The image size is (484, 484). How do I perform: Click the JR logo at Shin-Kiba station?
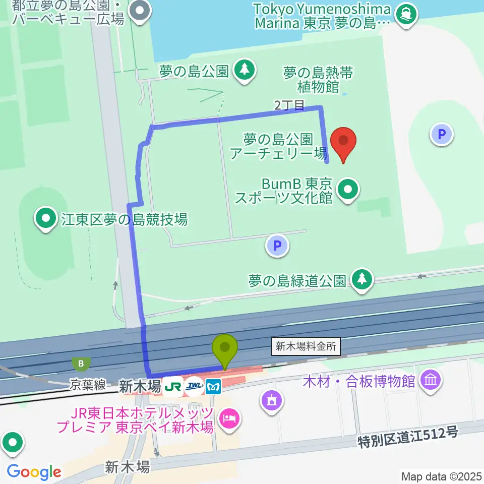point(173,387)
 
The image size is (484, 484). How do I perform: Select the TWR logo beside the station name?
point(194,387)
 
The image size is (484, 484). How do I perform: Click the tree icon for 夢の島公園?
point(245,71)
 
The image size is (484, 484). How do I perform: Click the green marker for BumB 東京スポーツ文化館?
point(348,191)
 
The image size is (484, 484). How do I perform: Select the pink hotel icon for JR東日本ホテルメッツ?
point(229,418)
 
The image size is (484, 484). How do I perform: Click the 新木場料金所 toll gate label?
point(306,346)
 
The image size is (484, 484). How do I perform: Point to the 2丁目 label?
point(289,105)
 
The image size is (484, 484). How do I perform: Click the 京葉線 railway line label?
point(88,385)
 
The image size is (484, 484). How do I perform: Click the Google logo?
point(34,472)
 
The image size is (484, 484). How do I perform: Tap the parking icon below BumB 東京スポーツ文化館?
point(276,246)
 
